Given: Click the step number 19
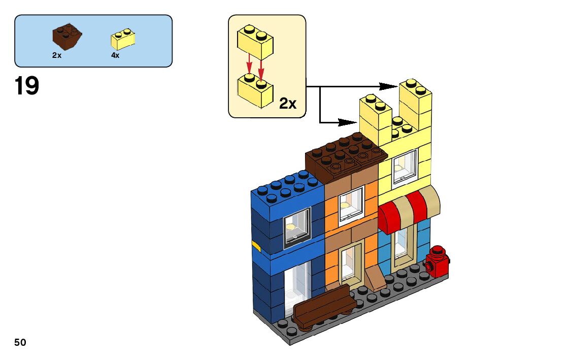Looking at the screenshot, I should [x=27, y=86].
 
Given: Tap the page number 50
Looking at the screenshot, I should [x=20, y=342].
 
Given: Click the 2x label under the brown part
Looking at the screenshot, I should [x=57, y=55].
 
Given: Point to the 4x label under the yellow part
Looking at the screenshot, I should [x=115, y=55].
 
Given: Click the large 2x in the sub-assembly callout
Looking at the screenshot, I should [x=288, y=104].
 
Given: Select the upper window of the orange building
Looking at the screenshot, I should [x=351, y=205].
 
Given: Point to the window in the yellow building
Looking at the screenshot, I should [x=405, y=165].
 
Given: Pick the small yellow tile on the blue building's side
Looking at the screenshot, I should [x=256, y=247].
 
